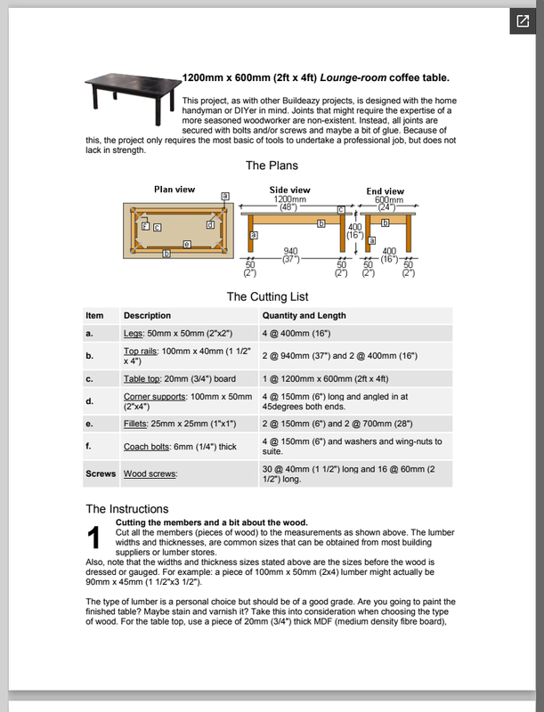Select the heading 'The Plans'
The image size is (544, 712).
coord(272,166)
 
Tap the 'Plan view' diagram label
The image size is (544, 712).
coord(175,190)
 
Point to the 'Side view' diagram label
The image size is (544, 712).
coord(289,190)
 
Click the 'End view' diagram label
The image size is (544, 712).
coord(386,191)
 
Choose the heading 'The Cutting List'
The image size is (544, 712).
coord(267,296)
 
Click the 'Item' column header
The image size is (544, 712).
coord(94,316)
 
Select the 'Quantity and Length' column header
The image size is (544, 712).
coord(304,316)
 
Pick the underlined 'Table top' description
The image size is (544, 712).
coord(144,378)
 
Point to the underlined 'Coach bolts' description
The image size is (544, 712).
coord(148,441)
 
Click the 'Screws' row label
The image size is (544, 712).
coord(101,474)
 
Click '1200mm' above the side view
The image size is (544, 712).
coord(289,199)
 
